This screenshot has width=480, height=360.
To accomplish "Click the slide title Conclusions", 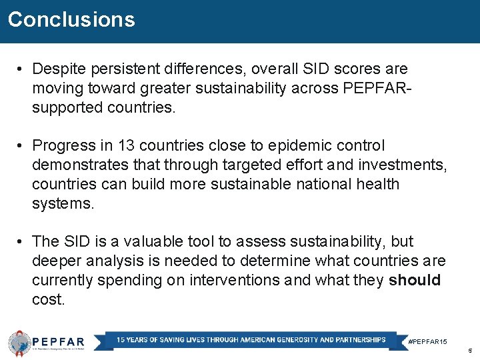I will [x=71, y=19].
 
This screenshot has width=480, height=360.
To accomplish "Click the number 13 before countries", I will [x=125, y=145].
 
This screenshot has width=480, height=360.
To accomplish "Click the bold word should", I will [x=414, y=280].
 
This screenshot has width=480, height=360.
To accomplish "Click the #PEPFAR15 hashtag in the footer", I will [x=427, y=341].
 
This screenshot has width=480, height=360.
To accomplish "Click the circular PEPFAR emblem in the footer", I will [x=19, y=343].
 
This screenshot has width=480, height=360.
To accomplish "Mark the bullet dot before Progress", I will [x=22, y=145].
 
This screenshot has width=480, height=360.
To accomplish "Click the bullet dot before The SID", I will [x=22, y=241].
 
